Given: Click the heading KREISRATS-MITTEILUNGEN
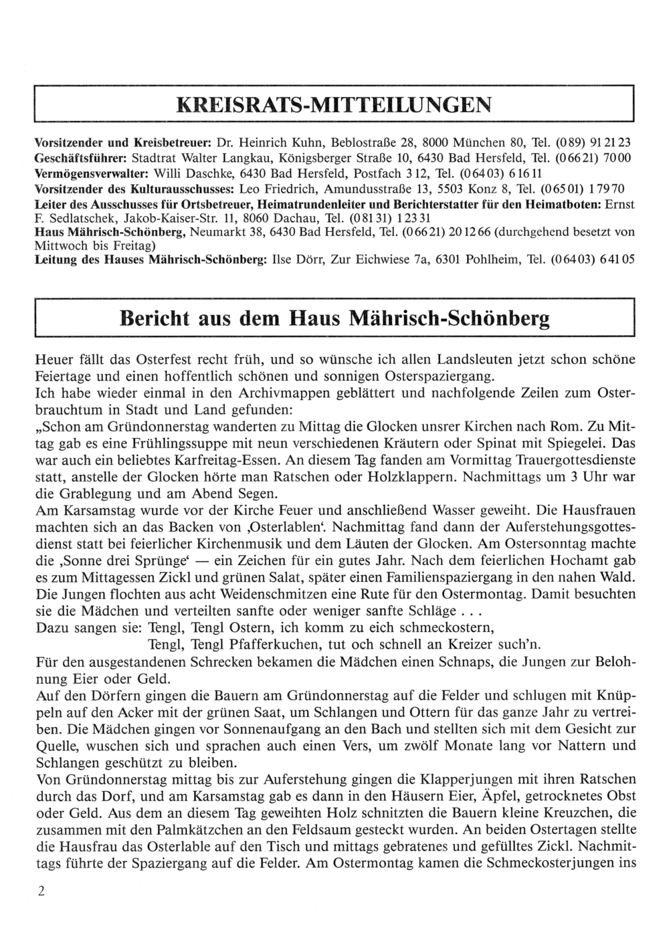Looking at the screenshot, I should coord(333,105).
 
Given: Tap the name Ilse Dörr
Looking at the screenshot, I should coord(294,258).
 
